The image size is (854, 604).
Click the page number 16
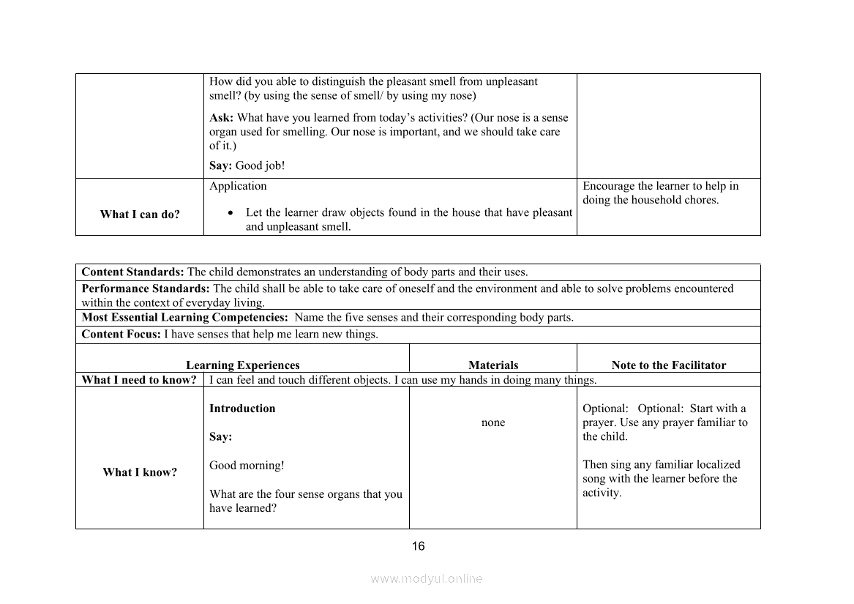419,546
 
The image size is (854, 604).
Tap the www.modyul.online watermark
427,578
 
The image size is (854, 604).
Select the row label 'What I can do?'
140,215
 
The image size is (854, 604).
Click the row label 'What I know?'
140,472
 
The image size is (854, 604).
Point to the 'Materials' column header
493,365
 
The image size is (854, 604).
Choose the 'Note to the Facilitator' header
669,365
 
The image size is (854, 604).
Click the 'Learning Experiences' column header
243,365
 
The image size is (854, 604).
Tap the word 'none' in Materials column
493,422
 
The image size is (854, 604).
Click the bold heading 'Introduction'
242,409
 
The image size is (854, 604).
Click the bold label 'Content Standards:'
133,272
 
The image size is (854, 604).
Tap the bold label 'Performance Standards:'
146,288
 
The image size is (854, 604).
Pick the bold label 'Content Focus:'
121,335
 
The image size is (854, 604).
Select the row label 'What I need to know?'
139,380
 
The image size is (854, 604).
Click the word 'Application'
238,186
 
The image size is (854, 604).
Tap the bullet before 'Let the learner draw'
231,213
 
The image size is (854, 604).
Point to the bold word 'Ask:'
221,118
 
